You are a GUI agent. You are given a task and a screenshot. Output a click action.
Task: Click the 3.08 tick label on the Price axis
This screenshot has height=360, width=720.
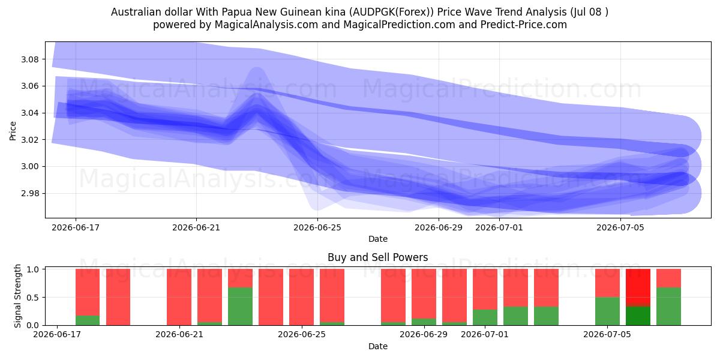pos(29,59)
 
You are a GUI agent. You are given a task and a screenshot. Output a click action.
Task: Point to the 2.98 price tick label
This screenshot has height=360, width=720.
pos(29,193)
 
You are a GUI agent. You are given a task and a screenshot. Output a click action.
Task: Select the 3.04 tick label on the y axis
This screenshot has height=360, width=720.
pos(29,113)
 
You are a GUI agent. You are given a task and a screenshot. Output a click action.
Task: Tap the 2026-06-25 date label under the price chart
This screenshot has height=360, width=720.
pos(317,227)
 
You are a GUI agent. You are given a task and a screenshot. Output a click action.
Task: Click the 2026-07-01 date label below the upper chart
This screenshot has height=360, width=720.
pos(499,227)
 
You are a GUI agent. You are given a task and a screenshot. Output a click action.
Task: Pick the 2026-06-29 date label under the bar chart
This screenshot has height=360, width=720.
pos(424,334)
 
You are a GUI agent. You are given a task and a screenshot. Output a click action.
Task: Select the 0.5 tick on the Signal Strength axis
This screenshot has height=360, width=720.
pos(33,298)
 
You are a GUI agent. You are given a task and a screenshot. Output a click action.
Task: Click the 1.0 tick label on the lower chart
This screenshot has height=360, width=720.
pos(33,269)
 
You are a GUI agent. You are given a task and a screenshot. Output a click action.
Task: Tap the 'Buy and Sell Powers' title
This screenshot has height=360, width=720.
pos(377,257)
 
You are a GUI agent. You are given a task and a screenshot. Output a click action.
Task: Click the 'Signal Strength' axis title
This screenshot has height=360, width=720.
pos(17,296)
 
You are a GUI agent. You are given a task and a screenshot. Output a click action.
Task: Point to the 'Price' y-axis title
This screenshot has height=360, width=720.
pos(13,131)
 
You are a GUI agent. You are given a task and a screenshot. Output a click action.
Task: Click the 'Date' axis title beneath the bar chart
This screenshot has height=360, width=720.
pos(377,346)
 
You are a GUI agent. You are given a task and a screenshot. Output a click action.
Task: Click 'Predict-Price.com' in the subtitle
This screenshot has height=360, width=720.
pos(524,25)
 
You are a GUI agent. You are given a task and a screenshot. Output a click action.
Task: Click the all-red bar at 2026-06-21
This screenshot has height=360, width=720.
pos(179,297)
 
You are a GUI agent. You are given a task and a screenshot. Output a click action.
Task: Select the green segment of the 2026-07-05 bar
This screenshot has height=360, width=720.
pos(607,311)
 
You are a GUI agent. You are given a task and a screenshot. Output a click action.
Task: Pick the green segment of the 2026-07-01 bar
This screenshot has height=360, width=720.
pos(485,317)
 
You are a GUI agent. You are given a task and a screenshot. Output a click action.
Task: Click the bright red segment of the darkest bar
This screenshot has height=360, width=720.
pos(638,286)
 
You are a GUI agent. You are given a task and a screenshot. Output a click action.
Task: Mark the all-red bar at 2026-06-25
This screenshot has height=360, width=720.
pos(301,297)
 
